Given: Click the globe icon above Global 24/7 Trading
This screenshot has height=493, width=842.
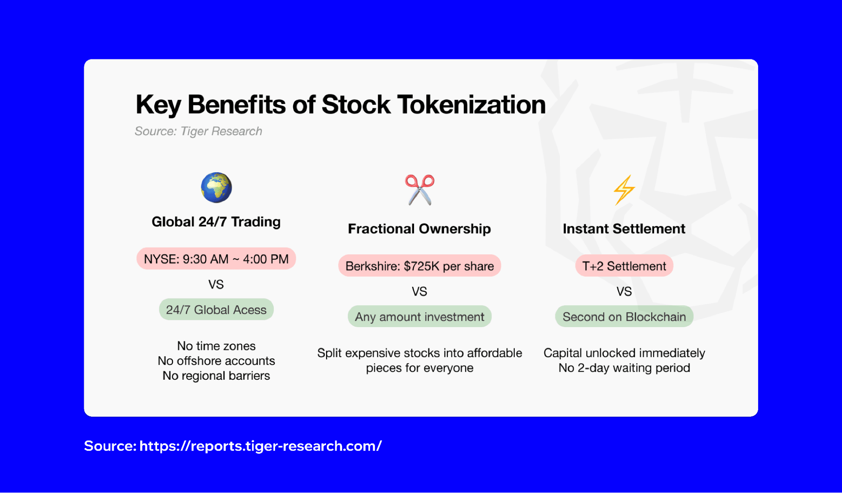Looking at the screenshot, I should click(x=216, y=188).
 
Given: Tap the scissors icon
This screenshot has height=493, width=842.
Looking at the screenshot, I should click(x=420, y=190).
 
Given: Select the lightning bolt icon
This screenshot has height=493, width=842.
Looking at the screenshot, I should click(x=624, y=190).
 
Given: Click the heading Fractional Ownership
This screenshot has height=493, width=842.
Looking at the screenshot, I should click(x=419, y=229).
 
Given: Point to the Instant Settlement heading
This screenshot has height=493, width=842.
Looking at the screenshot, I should click(x=624, y=229).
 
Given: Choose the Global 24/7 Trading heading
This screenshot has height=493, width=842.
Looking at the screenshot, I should click(x=216, y=221).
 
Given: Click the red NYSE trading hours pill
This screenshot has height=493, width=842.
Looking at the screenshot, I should click(x=216, y=258).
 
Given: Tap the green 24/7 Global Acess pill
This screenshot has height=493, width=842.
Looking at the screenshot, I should click(x=216, y=310).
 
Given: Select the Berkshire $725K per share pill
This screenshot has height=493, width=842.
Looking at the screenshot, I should click(x=420, y=266).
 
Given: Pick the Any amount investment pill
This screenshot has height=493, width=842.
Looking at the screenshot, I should click(x=420, y=317).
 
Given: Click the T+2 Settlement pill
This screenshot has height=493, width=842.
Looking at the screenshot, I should click(x=624, y=266).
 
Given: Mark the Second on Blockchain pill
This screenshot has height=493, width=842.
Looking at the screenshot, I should click(x=624, y=317).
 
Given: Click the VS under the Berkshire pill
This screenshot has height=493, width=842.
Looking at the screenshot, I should click(x=420, y=291).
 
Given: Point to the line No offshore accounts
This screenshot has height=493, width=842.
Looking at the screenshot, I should click(x=216, y=361).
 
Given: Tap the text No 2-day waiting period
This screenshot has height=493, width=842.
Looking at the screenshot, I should click(x=624, y=368).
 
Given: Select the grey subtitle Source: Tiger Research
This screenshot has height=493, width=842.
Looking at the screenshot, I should click(x=198, y=131).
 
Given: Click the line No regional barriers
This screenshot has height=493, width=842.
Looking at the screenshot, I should click(x=216, y=376).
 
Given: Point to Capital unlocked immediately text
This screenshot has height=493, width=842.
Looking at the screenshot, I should click(x=624, y=353).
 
